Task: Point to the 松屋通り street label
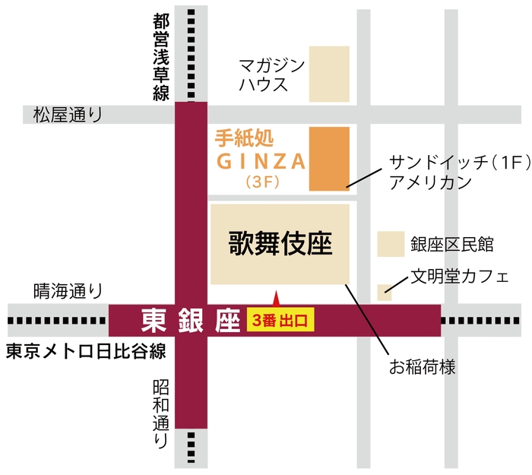point(67,116)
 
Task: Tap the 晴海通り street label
point(67,290)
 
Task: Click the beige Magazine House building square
point(329,74)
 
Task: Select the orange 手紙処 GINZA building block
point(329,159)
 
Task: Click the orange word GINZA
point(261,161)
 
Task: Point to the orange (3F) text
point(259,182)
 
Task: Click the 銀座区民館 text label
point(452,244)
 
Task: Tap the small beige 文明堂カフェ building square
point(385,292)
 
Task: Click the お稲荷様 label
point(422,368)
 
